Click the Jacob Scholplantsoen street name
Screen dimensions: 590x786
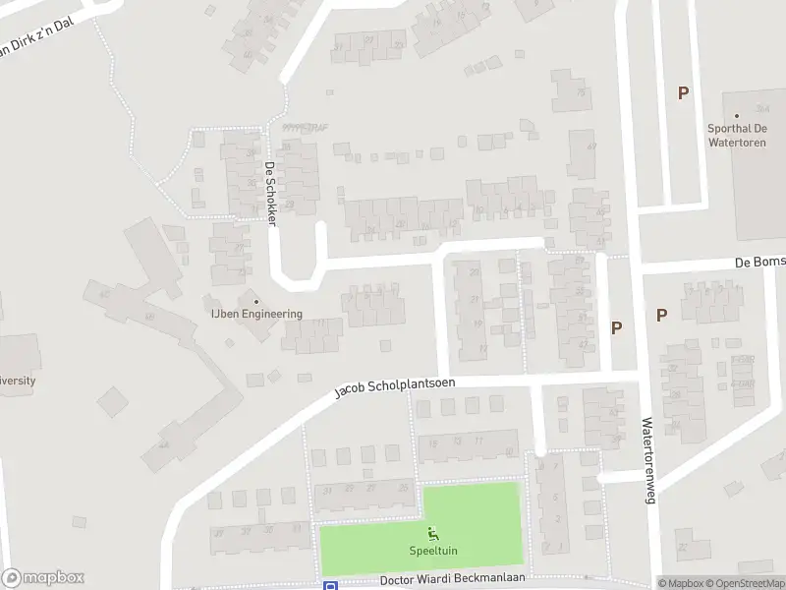(x=394, y=386)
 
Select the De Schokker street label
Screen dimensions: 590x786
(x=271, y=194)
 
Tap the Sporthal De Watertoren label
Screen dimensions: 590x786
(x=737, y=135)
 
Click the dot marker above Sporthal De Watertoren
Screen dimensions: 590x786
(x=737, y=115)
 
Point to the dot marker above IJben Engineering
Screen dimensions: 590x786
(x=256, y=301)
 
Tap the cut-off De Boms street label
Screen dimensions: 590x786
(x=761, y=264)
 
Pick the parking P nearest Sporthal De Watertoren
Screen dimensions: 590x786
(x=683, y=93)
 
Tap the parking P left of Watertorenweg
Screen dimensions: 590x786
(x=617, y=328)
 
